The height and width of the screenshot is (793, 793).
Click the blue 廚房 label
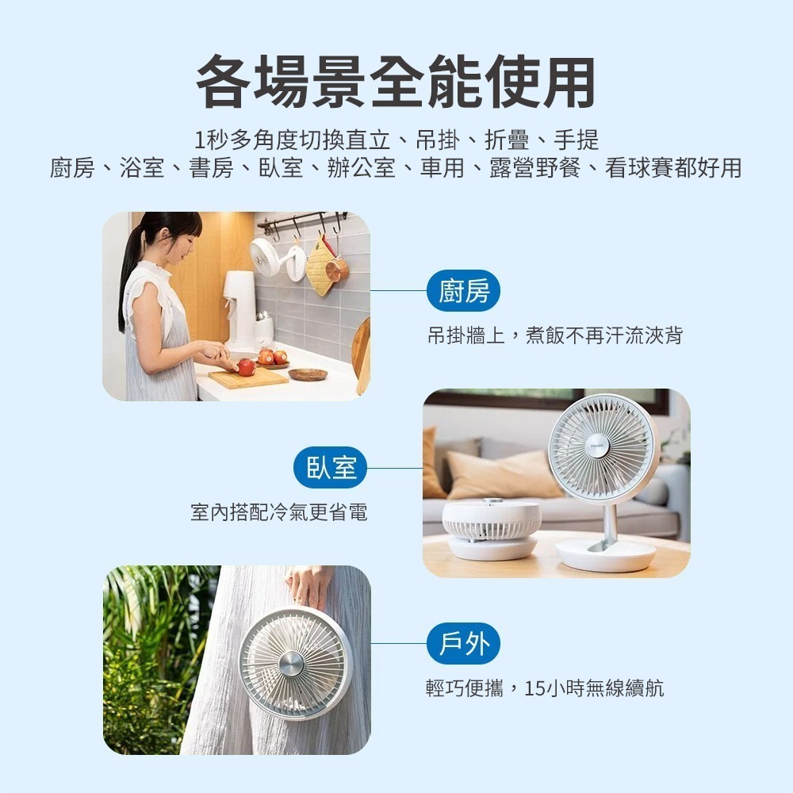[464, 292]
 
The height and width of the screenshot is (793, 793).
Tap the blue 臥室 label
[331, 468]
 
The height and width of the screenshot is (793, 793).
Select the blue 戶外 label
[464, 643]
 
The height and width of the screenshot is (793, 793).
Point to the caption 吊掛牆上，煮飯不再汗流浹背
[554, 336]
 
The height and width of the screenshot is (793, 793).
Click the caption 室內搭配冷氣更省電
[279, 512]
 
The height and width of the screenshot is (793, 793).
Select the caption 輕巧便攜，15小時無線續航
[545, 688]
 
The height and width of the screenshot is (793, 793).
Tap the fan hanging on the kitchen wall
[266, 256]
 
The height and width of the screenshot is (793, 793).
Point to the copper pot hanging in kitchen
[337, 269]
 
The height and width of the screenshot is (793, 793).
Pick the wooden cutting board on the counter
[248, 377]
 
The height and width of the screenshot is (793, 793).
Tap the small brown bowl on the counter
[308, 374]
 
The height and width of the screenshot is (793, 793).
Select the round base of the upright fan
[605, 555]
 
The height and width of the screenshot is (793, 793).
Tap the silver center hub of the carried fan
[291, 663]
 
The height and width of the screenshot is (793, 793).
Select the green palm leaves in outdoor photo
[147, 634]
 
